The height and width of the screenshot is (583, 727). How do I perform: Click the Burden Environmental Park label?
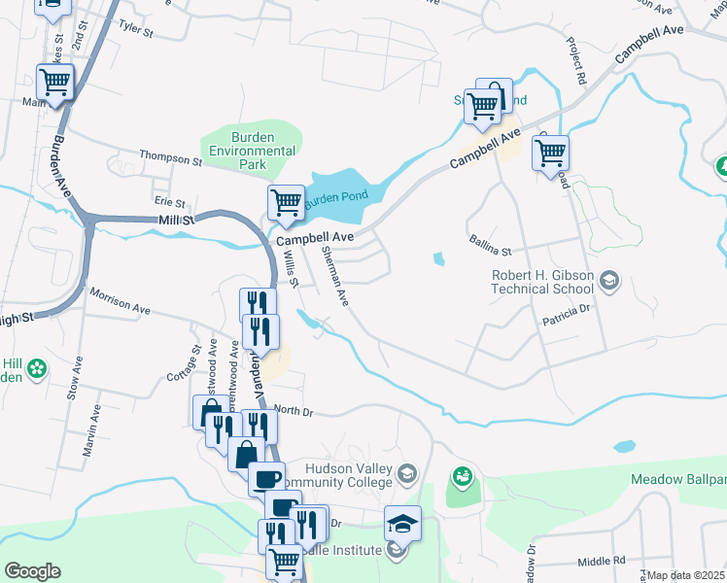click(253, 151)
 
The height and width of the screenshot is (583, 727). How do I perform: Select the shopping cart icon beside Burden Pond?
click(287, 203)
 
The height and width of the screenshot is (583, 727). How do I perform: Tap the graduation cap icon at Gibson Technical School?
click(609, 282)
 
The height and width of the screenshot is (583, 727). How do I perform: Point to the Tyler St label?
click(136, 30)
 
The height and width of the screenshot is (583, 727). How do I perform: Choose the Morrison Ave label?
click(120, 300)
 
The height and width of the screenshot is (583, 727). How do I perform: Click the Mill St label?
click(177, 222)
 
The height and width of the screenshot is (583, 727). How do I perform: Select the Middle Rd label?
click(602, 562)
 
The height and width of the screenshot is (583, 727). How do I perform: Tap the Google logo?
click(32, 571)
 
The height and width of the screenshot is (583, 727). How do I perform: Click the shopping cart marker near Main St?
click(55, 83)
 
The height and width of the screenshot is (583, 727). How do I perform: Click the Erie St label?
click(169, 202)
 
